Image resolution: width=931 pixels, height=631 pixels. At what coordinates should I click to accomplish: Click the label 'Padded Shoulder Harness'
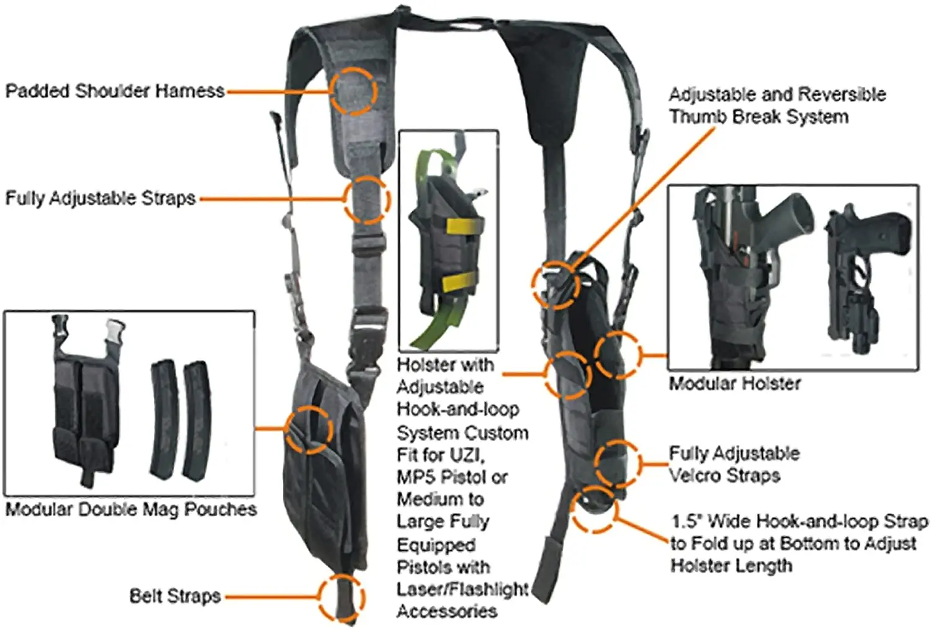[115, 91]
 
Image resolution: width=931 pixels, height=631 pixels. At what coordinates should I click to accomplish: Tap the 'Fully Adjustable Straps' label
[101, 199]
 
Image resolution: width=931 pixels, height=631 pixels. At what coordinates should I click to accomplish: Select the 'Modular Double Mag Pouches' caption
[131, 509]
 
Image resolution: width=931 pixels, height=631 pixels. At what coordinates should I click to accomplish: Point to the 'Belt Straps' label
[175, 596]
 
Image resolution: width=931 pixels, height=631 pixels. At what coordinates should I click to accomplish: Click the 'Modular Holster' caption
[735, 383]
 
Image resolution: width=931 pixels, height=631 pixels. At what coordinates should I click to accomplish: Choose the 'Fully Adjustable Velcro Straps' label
[734, 464]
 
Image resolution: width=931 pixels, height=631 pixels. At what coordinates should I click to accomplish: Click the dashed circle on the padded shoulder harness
[353, 91]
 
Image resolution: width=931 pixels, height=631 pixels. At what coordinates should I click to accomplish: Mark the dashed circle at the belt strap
[341, 597]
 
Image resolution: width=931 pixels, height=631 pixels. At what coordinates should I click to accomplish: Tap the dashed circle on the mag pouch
[309, 429]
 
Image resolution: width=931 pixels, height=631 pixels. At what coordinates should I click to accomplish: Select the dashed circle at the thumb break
[556, 284]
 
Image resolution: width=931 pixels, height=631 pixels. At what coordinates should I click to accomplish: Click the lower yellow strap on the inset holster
[460, 281]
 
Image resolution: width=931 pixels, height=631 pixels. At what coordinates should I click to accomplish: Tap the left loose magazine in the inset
[164, 418]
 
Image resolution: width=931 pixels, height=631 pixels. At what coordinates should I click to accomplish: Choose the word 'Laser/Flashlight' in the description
[462, 589]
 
